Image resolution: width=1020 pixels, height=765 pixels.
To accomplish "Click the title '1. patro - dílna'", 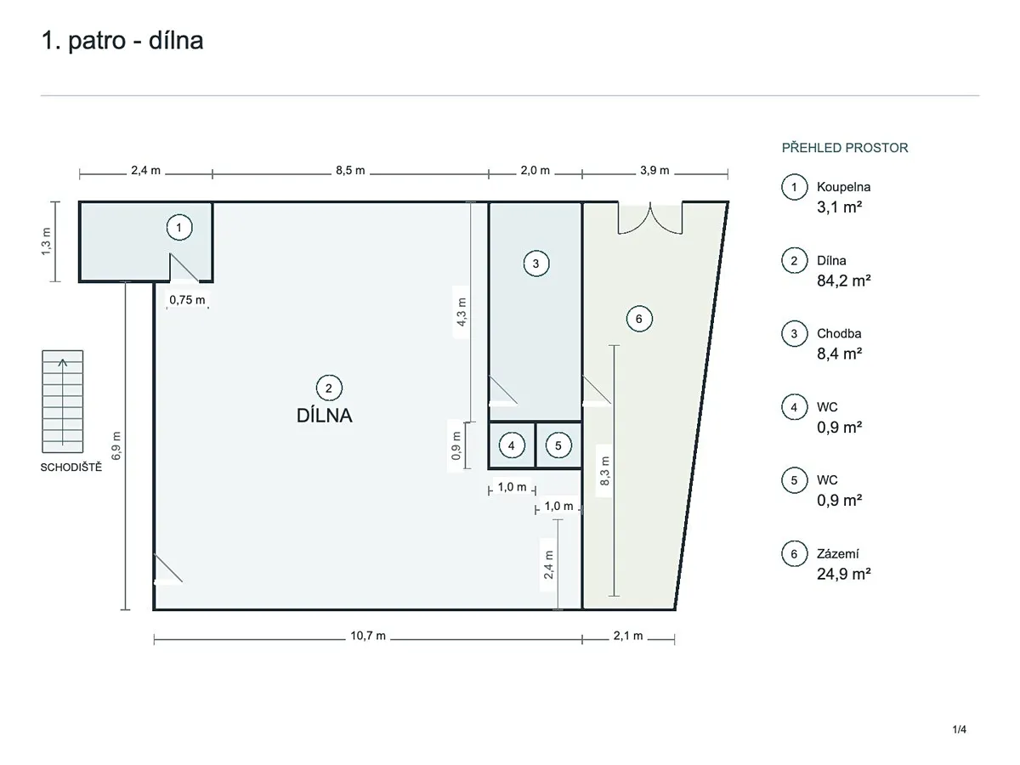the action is click(x=122, y=41).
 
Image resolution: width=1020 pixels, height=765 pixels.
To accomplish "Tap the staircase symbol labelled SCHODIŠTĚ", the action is click(x=63, y=401).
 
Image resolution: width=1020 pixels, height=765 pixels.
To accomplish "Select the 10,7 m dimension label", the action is click(x=368, y=636).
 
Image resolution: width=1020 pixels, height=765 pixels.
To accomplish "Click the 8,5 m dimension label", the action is click(x=350, y=171).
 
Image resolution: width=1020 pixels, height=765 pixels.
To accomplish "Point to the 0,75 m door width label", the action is click(x=187, y=300).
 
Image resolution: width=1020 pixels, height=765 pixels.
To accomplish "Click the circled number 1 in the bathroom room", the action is click(x=179, y=228).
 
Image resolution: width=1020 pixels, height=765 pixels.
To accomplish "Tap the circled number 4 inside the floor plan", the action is click(x=512, y=446).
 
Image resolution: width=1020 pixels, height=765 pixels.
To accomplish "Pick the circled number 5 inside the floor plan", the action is click(x=558, y=446).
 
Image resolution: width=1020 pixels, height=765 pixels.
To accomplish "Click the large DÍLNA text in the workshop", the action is click(x=325, y=416).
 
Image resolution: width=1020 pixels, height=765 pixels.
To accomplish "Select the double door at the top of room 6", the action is click(x=650, y=218).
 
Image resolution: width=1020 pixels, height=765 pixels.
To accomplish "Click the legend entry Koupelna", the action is click(x=843, y=187).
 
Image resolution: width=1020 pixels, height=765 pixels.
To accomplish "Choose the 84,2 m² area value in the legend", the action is click(x=843, y=280).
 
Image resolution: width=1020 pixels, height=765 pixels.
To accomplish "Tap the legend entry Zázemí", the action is click(x=838, y=553).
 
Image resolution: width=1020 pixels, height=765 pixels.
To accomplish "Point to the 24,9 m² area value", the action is click(x=843, y=574).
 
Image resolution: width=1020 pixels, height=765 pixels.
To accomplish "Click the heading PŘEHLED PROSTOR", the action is click(x=845, y=148).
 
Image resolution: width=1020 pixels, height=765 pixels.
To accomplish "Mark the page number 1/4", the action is click(x=959, y=729).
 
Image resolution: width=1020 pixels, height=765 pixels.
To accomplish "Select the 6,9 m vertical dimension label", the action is click(x=116, y=446).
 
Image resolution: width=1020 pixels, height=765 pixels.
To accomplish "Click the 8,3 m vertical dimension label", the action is click(x=604, y=471).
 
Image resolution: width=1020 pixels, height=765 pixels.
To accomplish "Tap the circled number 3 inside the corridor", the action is click(x=535, y=263).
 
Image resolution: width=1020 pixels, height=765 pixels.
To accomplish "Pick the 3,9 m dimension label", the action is click(x=654, y=171).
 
